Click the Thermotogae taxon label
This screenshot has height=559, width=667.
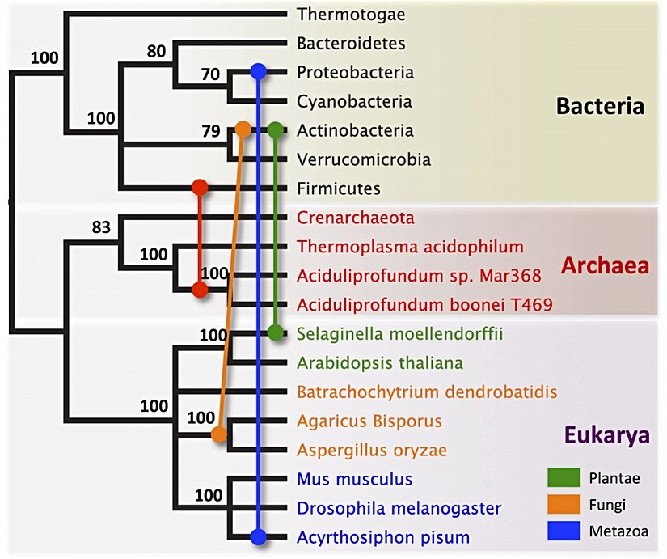tap(351, 14)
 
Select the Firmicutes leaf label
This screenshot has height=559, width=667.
tap(338, 188)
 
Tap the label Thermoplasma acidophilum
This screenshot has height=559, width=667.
tap(410, 247)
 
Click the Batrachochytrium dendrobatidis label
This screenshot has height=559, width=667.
tap(427, 392)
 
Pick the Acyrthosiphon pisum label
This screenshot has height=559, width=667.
tap(383, 537)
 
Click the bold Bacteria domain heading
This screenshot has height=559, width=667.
tap(599, 107)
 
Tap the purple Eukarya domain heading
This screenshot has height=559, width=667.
tap(606, 437)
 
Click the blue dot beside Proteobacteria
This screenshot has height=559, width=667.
tap(258, 72)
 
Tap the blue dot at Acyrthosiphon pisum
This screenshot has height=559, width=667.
tap(258, 536)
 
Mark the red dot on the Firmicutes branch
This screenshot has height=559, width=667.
tap(201, 188)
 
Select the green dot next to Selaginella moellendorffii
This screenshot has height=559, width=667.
tap(276, 332)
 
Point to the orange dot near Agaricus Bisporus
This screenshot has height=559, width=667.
tap(218, 435)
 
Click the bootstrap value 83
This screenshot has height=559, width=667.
tap(100, 227)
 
